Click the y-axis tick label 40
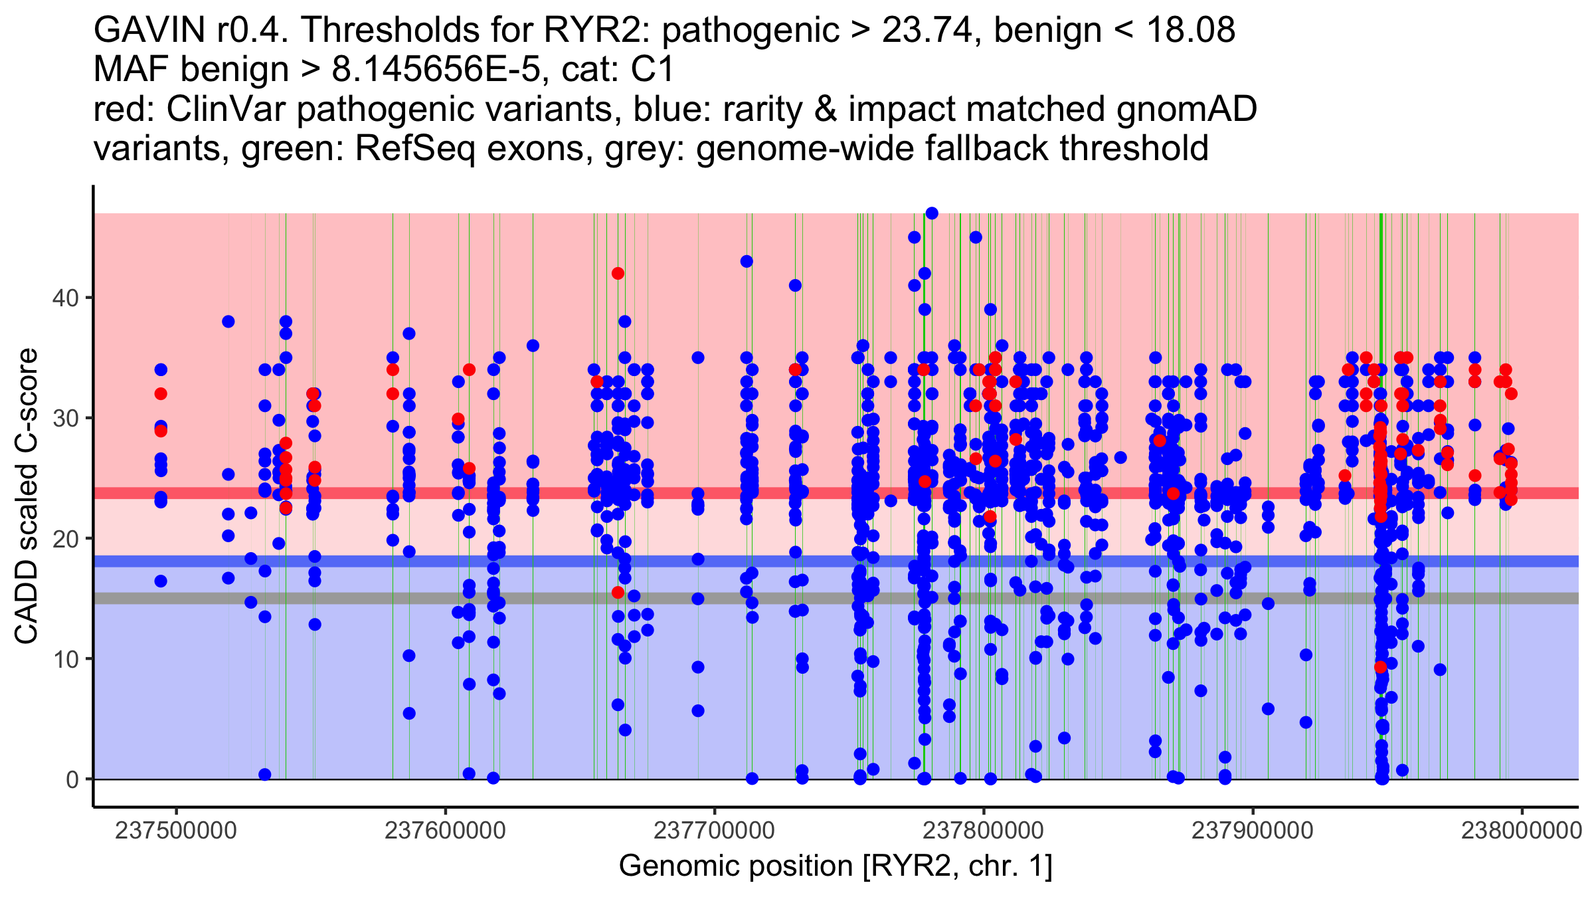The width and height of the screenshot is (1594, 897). click(65, 298)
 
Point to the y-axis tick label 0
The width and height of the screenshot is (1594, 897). click(72, 779)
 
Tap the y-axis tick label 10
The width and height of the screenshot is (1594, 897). click(65, 659)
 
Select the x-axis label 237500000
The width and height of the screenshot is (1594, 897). click(176, 831)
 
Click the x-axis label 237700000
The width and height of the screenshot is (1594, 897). click(715, 831)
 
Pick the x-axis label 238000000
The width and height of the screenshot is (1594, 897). click(1522, 831)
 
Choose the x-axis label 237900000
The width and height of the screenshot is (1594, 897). click(1253, 831)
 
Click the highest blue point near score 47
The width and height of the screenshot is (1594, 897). click(932, 213)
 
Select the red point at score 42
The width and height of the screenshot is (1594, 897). click(618, 274)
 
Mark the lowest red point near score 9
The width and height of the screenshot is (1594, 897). click(1381, 667)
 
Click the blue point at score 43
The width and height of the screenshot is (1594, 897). click(747, 262)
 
